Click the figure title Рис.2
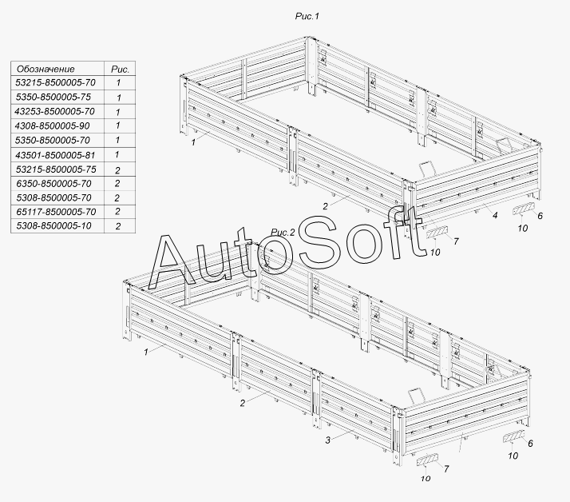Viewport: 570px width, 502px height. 283,233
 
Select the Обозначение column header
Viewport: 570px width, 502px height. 46,69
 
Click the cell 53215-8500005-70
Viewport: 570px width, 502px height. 56,82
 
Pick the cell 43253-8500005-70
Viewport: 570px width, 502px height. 56,111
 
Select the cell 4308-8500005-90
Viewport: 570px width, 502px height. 56,125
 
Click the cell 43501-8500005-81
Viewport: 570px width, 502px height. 56,154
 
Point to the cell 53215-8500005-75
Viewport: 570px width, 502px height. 56,169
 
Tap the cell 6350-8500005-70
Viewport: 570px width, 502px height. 56,183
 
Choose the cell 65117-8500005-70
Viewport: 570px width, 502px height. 56,212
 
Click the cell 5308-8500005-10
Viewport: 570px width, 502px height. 56,226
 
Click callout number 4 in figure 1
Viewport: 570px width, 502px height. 495,216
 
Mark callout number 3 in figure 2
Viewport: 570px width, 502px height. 328,440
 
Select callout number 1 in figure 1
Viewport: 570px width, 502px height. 194,142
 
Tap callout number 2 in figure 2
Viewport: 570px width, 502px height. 242,403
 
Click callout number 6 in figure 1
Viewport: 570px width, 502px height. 540,216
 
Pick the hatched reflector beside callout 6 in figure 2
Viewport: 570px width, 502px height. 513,436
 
